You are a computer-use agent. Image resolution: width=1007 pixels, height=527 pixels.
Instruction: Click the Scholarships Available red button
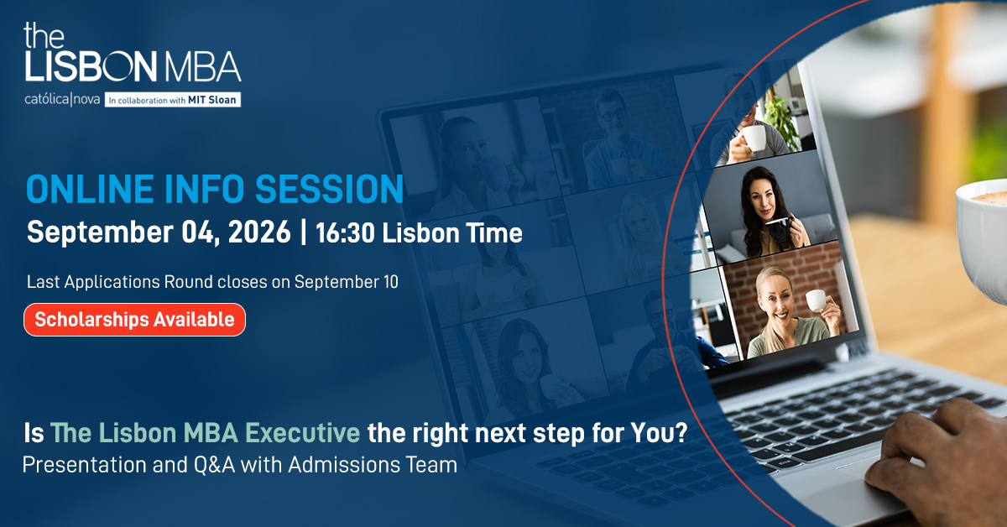[x=134, y=320]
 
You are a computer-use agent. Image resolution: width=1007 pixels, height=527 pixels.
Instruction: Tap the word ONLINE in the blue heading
[x=90, y=190]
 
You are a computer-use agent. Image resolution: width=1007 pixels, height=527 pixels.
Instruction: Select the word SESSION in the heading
[x=330, y=190]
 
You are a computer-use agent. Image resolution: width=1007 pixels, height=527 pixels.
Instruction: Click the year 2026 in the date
[x=259, y=232]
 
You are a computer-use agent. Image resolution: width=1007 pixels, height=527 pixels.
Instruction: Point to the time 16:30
[x=345, y=233]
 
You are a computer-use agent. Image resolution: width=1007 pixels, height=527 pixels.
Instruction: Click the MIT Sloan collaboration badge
[x=173, y=100]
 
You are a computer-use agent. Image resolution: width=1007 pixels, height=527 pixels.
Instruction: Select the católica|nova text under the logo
[x=62, y=99]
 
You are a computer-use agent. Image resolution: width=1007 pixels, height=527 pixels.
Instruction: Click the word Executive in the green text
[x=303, y=433]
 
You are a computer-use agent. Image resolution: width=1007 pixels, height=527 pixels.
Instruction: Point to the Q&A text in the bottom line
[x=215, y=465]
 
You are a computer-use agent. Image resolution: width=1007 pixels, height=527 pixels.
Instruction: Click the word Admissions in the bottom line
[x=344, y=465]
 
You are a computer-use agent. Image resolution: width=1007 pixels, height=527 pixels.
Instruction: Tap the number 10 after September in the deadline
[x=391, y=282]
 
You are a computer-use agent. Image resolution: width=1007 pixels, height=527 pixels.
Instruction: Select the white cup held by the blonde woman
[x=817, y=300]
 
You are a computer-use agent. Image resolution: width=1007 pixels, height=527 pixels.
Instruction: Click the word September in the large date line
[x=100, y=233]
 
